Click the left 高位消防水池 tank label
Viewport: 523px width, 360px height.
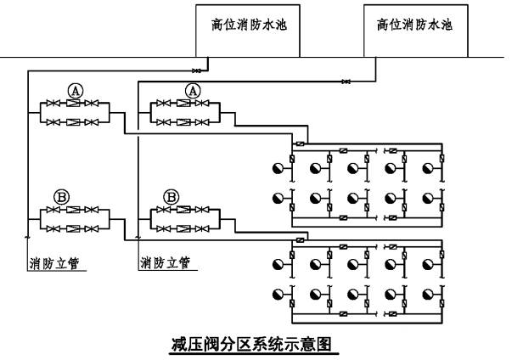tap(250, 25)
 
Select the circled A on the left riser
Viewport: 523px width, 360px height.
tap(75, 89)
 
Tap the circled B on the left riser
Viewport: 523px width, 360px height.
tap(62, 195)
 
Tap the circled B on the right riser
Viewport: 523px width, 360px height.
tap(172, 195)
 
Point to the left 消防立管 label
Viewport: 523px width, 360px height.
tap(48, 262)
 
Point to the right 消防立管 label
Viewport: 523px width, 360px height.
tap(165, 262)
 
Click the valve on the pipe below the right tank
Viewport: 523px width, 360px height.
tap(345, 82)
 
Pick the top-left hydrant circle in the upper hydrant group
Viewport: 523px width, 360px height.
tap(278, 168)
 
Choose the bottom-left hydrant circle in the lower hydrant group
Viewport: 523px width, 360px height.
tap(278, 295)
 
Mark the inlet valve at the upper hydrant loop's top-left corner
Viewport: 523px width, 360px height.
tap(299, 142)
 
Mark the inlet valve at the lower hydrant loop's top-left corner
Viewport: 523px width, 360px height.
tap(299, 240)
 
